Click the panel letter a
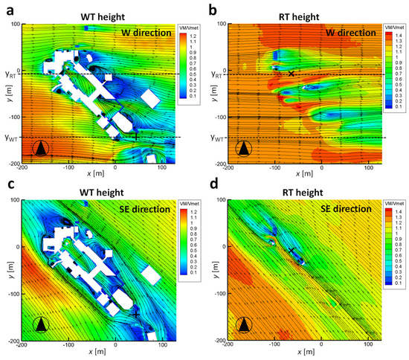coord(8,9)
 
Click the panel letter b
coord(213,9)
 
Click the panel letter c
coord(8,185)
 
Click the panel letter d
coord(213,185)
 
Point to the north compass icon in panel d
coord(244,324)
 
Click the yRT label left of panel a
coord(9,75)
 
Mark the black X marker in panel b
coord(292,73)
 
